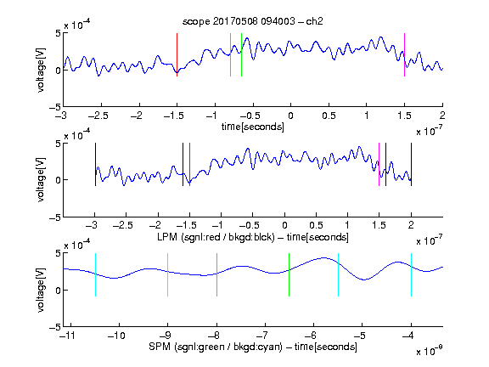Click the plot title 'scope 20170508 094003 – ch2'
coord(253,21)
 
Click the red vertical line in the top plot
coord(177,54)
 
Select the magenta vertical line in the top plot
coord(404,54)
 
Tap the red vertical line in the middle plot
coord(189,165)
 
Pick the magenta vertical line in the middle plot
coord(379,165)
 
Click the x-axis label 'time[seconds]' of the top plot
coord(253,127)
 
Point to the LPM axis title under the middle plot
coord(253,237)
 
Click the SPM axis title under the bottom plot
coord(253,347)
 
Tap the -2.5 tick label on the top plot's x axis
coord(98,116)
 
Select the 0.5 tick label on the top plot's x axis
coord(329,116)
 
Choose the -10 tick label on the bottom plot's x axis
coord(116,336)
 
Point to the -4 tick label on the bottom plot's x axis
coord(409,336)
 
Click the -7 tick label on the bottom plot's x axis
coord(262,336)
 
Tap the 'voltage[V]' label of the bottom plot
coord(41,290)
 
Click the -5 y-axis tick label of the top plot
coord(55,108)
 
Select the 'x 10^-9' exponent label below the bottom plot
coord(429,351)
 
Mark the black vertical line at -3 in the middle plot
coord(95,165)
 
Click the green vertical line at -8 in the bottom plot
coord(216,274)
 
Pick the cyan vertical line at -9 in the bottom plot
coord(167,274)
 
